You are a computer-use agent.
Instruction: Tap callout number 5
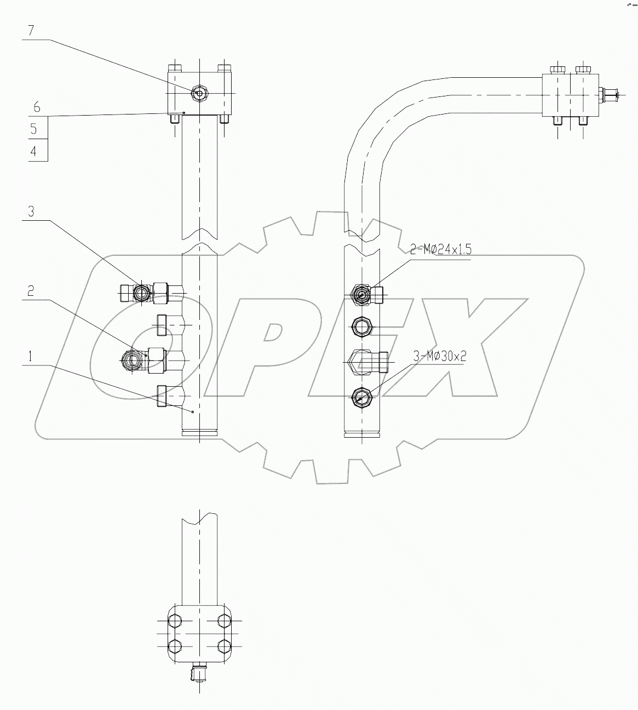pos(34,129)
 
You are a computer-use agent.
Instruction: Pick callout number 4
pos(34,151)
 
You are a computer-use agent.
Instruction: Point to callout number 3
pos(31,211)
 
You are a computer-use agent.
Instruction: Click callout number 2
pos(31,290)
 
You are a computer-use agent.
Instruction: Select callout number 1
pos(31,356)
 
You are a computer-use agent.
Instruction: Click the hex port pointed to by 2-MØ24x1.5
pos(362,295)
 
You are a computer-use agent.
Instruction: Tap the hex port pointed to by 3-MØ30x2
pos(361,396)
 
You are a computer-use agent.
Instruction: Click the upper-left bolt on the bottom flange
pos(175,621)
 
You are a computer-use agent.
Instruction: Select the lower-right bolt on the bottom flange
pos(224,645)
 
